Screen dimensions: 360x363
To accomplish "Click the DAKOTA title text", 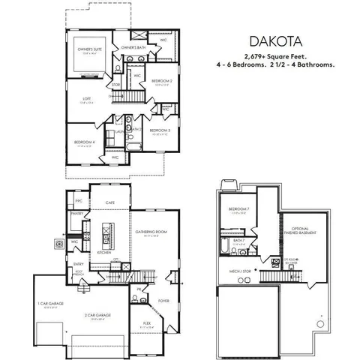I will point(288,41).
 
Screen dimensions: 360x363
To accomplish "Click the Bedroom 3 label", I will point(160,130).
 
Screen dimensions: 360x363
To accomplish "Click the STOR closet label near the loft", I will point(115,85).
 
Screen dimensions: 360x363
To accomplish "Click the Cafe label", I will point(109,203).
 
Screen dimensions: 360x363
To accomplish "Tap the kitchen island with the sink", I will point(107,238).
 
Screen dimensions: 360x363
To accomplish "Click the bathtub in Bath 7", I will point(226,245).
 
